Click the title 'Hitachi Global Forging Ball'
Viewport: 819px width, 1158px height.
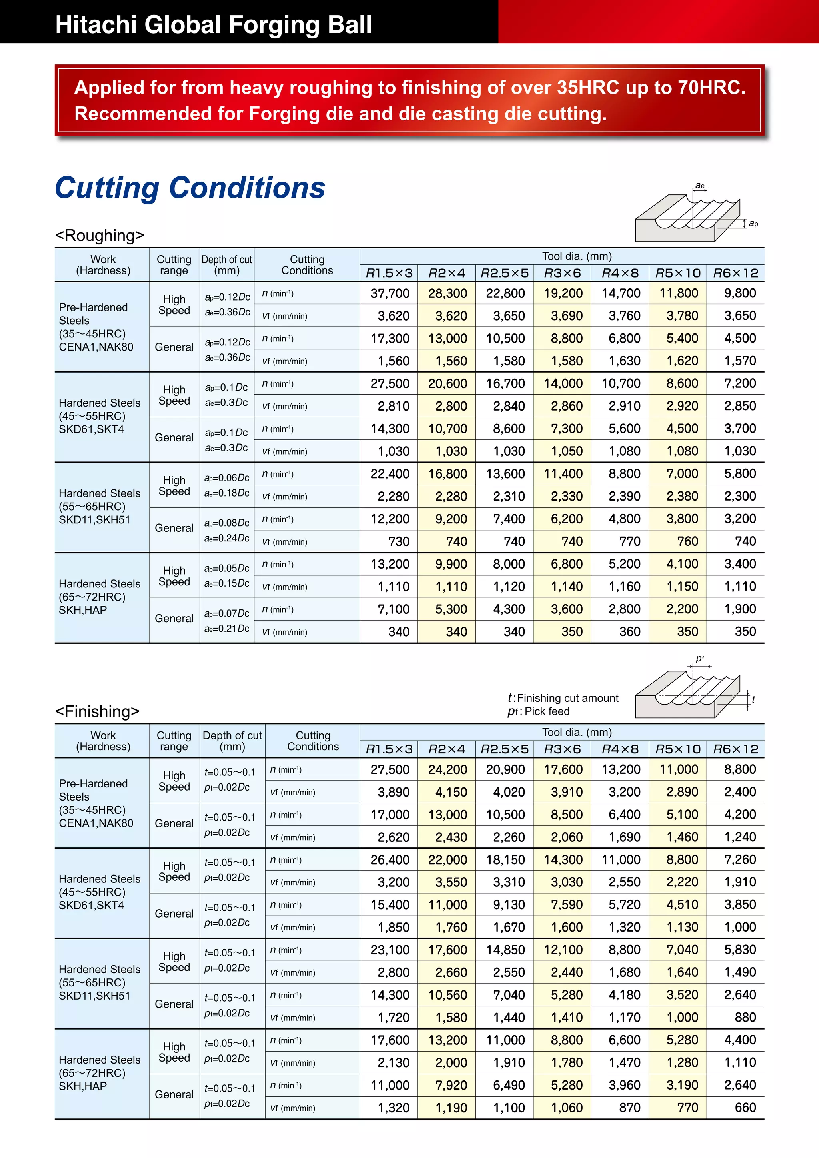[x=213, y=24]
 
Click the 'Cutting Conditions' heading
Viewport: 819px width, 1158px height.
[x=190, y=188]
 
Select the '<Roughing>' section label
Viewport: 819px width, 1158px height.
[x=99, y=235]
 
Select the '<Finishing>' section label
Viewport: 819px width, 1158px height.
[x=97, y=711]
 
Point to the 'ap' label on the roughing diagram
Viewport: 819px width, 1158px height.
[x=753, y=223]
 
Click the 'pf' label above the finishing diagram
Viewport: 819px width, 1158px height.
[x=700, y=658]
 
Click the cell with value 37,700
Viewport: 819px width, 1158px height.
[x=390, y=293]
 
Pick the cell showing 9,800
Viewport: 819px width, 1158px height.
[x=740, y=293]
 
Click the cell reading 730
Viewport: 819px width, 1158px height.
[x=398, y=541]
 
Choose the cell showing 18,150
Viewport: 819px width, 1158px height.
[x=505, y=859]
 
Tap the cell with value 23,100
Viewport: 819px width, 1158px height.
[x=390, y=950]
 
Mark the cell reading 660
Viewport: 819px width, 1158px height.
[x=745, y=1108]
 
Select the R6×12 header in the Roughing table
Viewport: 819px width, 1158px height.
[x=735, y=273]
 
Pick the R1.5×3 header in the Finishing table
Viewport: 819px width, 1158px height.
[x=389, y=749]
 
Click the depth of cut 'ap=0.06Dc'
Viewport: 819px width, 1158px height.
[x=227, y=477]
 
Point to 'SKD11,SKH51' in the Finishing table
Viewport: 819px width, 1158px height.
[x=94, y=996]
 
